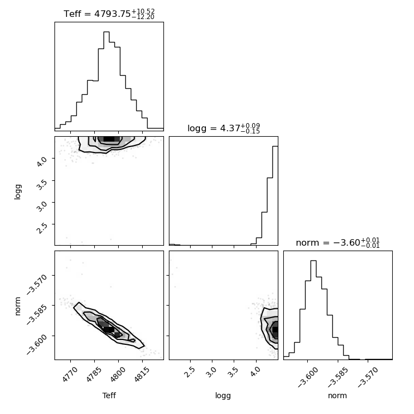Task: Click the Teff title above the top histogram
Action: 109,14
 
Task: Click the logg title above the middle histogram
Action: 224,129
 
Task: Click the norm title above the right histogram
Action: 338,242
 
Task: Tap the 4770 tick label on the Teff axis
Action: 69,374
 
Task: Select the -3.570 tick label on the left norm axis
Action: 36,284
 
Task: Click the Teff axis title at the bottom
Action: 109,395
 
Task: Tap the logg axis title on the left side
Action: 17,192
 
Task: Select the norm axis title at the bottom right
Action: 337,395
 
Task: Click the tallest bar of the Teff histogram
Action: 106,80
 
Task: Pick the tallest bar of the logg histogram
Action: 275,196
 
